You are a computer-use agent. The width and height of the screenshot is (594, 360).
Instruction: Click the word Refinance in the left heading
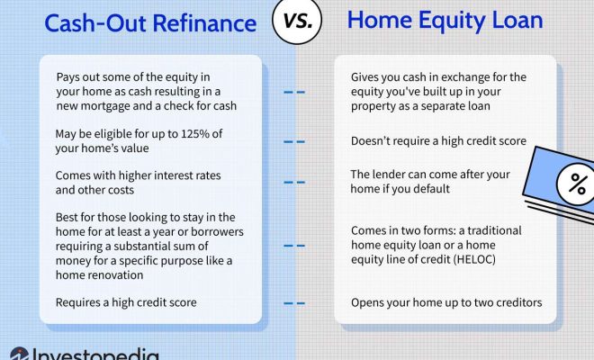pyautogui.click(x=205, y=23)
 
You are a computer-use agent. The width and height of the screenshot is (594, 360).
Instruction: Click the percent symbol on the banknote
pyautogui.click(x=577, y=184)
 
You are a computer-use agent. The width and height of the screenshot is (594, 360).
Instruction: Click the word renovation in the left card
pyautogui.click(x=121, y=274)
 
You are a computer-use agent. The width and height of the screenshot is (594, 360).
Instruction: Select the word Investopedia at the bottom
pyautogui.click(x=95, y=354)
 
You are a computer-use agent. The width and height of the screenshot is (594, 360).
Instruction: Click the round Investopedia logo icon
pyautogui.click(x=19, y=354)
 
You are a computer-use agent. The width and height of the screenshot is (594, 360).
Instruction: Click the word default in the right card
pyautogui.click(x=433, y=189)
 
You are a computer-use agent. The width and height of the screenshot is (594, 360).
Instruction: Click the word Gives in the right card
pyautogui.click(x=363, y=76)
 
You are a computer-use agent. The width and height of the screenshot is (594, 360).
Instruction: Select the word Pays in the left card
pyautogui.click(x=67, y=77)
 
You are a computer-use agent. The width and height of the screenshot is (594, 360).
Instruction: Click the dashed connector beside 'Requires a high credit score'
pyautogui.click(x=294, y=303)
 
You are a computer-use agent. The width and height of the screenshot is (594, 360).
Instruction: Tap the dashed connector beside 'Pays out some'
pyautogui.click(x=294, y=92)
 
